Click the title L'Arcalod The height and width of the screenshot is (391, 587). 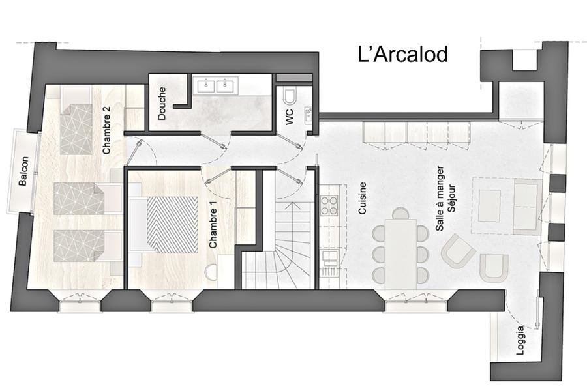click(x=403, y=54)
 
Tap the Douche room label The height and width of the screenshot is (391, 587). click(x=161, y=103)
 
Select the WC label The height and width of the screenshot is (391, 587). click(x=290, y=117)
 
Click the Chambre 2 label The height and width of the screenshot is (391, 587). click(x=106, y=130)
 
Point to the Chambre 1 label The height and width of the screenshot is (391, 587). click(x=213, y=228)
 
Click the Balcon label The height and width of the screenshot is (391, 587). click(x=23, y=171)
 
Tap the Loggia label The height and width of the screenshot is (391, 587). click(x=520, y=340)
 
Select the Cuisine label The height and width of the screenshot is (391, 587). click(x=362, y=198)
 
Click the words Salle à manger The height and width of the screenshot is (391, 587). click(x=440, y=198)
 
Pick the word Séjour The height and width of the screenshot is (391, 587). click(x=451, y=198)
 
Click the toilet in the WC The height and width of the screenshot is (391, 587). click(x=290, y=96)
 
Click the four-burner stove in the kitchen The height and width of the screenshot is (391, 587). click(x=329, y=205)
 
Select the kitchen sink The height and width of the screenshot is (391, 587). click(x=329, y=258)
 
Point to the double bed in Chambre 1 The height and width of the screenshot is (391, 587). click(x=164, y=224)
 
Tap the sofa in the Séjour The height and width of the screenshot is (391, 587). click(x=528, y=206)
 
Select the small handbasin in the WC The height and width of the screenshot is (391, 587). click(x=308, y=115)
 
